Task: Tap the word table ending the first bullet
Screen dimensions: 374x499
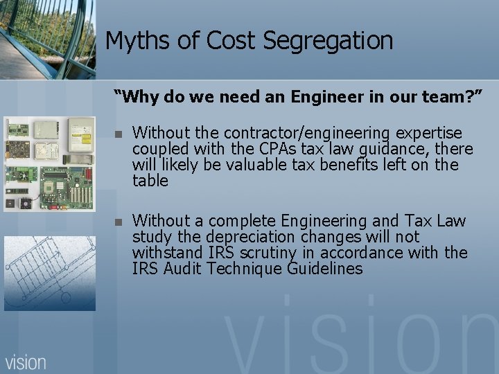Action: point(150,181)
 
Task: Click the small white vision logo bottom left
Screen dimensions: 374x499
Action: point(26,361)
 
